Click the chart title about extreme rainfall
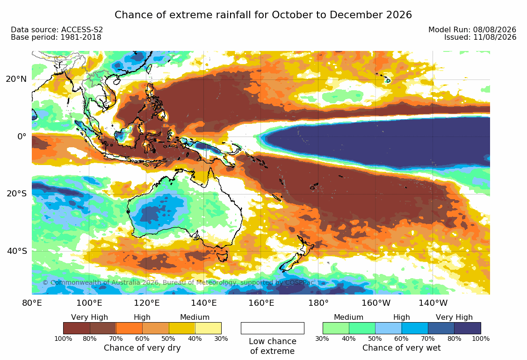coord(263,15)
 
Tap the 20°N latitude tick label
coord(16,79)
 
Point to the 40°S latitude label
coord(16,251)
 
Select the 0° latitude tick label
coord(22,137)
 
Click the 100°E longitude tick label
coord(89,303)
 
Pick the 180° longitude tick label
coord(318,303)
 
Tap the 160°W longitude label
coord(376,303)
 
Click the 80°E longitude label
coord(32,303)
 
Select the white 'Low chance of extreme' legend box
coord(273,328)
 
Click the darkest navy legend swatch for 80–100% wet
coord(468,328)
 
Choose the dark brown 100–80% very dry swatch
coord(76,328)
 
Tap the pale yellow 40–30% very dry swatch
coord(209,328)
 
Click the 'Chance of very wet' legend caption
coord(401,348)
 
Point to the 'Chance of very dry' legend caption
coord(142,348)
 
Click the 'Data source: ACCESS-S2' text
coord(57,29)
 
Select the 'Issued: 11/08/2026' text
coord(480,37)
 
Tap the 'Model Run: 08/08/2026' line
coord(472,29)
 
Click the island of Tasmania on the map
coord(222,255)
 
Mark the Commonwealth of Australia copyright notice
coord(178,282)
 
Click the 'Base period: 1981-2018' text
coord(56,37)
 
